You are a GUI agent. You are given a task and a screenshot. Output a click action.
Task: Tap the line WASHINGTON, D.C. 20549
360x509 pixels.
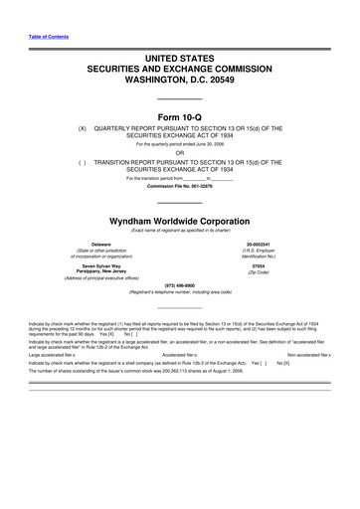[x=179, y=83]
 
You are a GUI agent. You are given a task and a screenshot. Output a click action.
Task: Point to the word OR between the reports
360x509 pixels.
[x=179, y=152]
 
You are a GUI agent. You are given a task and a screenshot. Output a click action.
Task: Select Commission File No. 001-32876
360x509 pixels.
[x=179, y=186]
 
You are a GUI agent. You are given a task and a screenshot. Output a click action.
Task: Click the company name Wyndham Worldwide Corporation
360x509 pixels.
[x=179, y=220]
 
